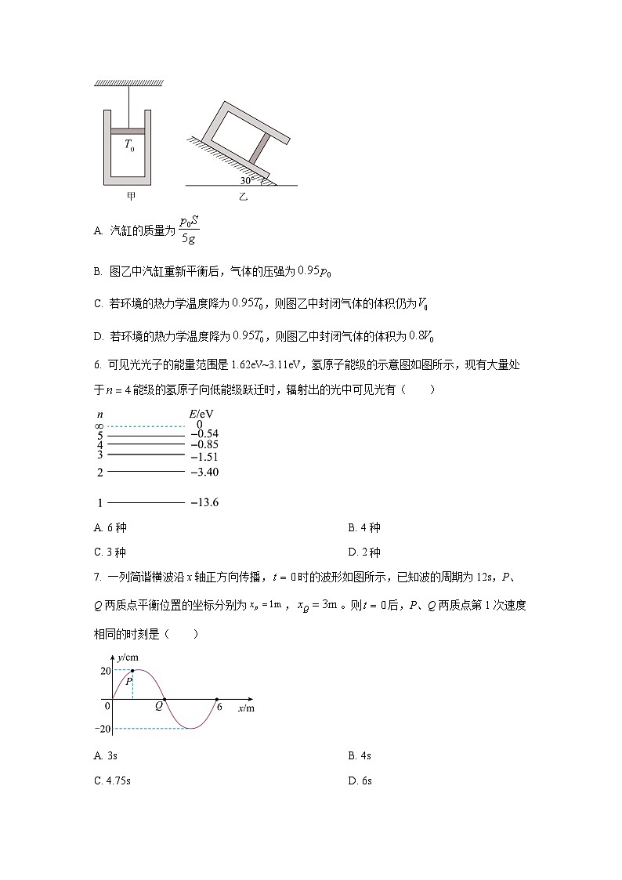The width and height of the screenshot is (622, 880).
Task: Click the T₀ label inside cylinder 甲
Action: [x=129, y=145]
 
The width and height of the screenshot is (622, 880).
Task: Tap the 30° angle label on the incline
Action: [x=247, y=180]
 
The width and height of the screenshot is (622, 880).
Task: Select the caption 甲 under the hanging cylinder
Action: [x=129, y=197]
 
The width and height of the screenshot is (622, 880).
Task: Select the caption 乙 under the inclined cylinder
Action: [x=242, y=197]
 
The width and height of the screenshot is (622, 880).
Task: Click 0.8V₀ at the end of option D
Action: [x=421, y=336]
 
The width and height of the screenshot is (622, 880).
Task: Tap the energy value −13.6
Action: [x=204, y=502]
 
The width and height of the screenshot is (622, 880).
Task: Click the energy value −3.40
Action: [x=204, y=473]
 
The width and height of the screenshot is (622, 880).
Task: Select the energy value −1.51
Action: [x=204, y=456]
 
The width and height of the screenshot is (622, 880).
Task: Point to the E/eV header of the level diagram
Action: [x=201, y=412]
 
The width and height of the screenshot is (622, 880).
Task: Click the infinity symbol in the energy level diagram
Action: [x=99, y=425]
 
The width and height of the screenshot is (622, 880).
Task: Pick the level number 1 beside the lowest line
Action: [x=100, y=502]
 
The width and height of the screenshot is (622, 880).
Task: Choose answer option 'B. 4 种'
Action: [x=364, y=527]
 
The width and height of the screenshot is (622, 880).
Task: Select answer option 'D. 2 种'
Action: [x=364, y=552]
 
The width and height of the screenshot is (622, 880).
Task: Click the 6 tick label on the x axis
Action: [x=220, y=707]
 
